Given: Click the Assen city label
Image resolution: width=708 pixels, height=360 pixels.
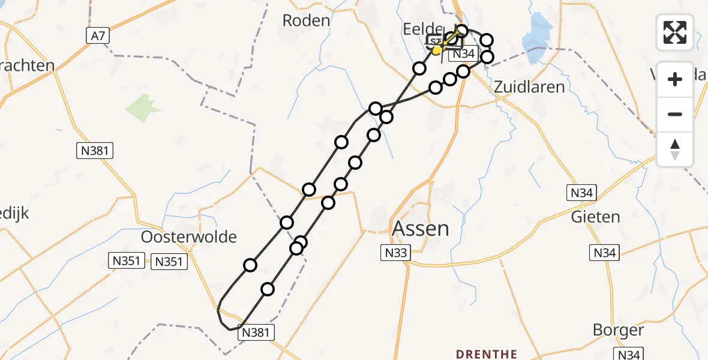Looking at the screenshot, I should (x=420, y=229).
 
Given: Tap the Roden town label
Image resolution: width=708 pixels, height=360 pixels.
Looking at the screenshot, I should (x=306, y=20).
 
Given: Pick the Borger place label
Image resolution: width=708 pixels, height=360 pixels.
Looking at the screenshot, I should (x=618, y=330).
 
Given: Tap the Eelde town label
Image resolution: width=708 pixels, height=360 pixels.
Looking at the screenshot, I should (x=423, y=28).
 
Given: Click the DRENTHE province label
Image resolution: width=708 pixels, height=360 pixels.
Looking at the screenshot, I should (x=487, y=353).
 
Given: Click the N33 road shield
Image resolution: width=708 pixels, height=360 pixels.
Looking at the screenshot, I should (x=395, y=253).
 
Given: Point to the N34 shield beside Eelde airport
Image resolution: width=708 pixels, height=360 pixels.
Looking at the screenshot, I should (x=463, y=54).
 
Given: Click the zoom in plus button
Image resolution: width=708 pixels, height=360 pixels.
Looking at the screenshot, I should (x=675, y=79).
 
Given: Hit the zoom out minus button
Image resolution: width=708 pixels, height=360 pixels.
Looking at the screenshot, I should (x=675, y=114).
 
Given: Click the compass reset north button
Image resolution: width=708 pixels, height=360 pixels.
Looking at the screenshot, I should (x=675, y=149).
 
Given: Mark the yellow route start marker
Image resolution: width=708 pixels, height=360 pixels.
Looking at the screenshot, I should (x=437, y=50).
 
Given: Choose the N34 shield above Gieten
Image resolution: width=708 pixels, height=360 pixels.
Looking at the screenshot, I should (x=581, y=193).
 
